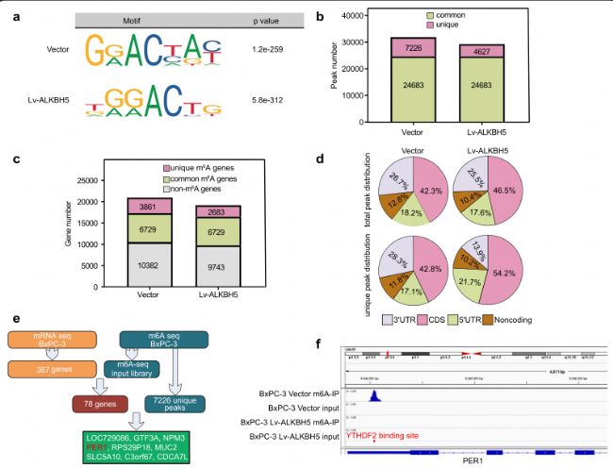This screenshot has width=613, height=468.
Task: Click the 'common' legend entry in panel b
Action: pos(463,18)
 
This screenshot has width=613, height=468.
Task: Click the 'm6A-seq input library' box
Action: pos(153,366)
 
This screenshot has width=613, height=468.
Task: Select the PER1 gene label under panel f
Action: pos(477,462)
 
